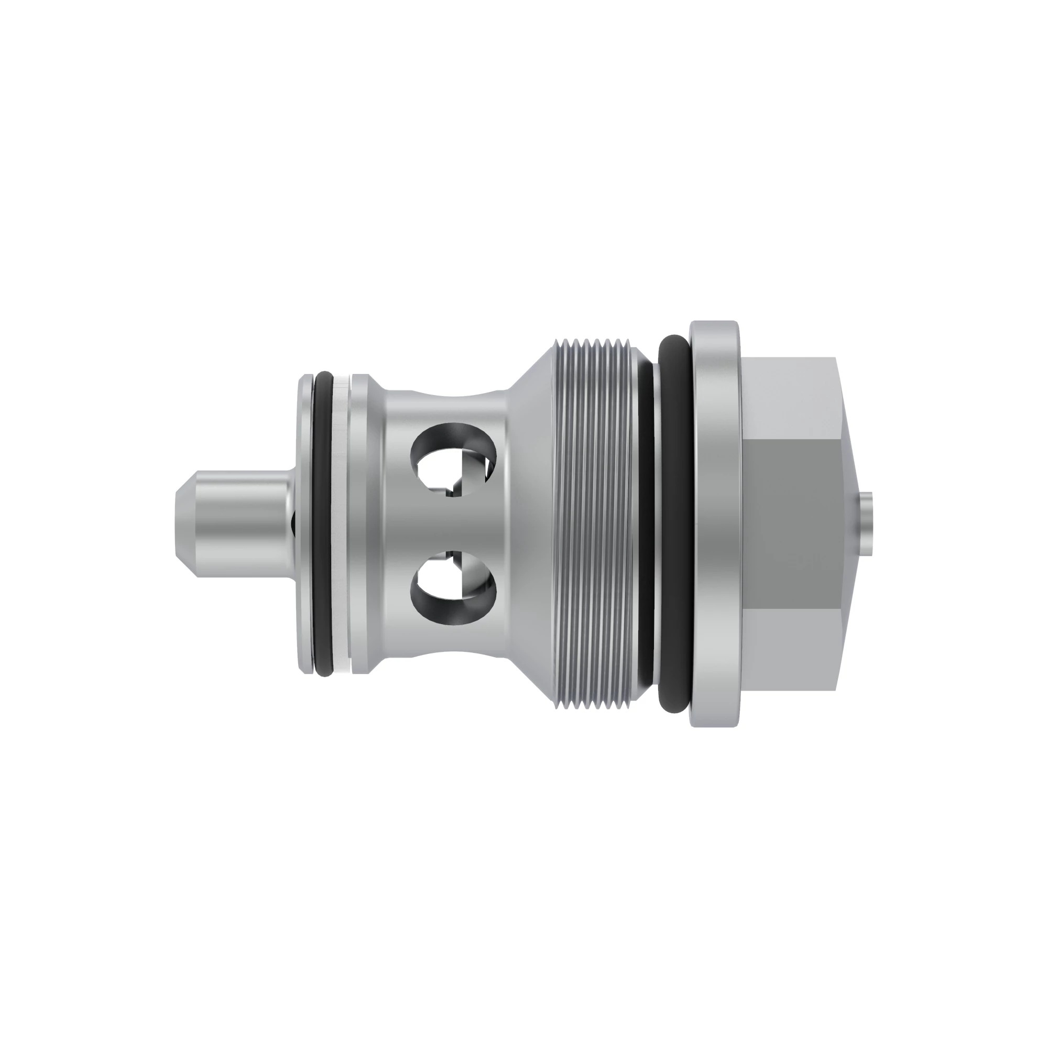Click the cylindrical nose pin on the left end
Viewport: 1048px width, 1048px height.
[x=238, y=523]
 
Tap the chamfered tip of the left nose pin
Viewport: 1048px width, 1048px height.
[x=181, y=523]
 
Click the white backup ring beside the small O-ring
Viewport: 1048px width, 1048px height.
[x=341, y=523]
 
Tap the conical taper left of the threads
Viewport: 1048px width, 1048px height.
[x=531, y=523]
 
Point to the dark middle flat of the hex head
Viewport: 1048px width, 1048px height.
[x=789, y=523]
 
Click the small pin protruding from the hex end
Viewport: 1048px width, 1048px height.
[x=866, y=523]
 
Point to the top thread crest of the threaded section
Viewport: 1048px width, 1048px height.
[x=594, y=343]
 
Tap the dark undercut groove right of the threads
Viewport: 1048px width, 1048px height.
[x=646, y=523]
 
